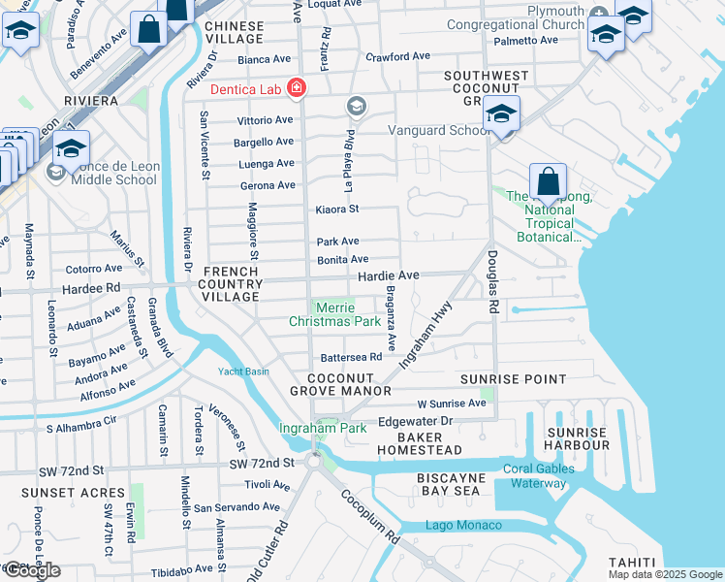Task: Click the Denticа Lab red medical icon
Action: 295,89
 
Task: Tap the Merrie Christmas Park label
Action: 335,313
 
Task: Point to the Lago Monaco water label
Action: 464,526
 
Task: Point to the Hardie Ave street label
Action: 389,276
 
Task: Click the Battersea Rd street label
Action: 352,357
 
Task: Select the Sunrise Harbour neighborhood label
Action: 578,438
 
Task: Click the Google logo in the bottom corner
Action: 31,570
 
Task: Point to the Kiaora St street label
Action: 337,210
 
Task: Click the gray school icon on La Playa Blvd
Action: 357,105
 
